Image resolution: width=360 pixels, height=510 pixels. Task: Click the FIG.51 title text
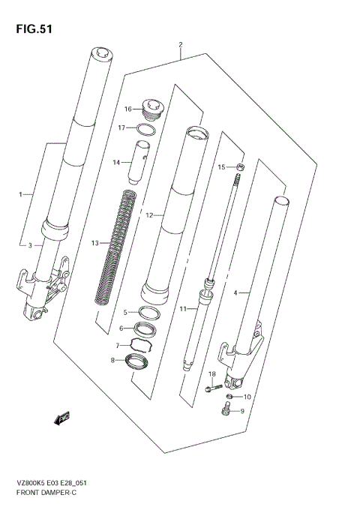point(32,30)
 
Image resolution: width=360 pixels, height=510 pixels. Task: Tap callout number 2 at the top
point(181,45)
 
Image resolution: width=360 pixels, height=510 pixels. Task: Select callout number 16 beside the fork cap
point(128,109)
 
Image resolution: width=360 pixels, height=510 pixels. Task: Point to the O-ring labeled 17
point(147,129)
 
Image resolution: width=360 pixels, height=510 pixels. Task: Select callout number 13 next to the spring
point(94,243)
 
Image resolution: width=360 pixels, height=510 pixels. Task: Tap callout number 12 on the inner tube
point(149,215)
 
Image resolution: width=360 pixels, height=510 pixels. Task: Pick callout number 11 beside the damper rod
point(181,308)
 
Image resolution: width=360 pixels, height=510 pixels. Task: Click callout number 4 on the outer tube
point(235,293)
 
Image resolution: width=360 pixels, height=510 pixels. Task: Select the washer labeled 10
point(231,397)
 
